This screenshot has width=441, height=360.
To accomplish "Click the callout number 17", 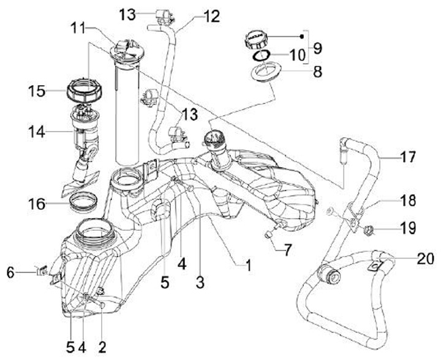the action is click(x=408, y=157).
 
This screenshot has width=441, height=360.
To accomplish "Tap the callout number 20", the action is click(x=425, y=258).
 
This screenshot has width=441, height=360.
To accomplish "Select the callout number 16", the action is click(x=37, y=204).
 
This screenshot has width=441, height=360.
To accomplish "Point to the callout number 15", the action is click(x=37, y=91).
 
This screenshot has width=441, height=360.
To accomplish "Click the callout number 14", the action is click(x=37, y=132).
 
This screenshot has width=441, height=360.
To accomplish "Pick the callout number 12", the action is click(x=211, y=17).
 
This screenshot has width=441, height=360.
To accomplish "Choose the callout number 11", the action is click(x=79, y=28).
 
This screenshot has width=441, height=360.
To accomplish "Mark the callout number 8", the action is click(x=318, y=72).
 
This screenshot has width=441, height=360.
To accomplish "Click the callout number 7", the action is click(x=287, y=250).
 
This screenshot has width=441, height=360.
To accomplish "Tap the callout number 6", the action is click(x=10, y=272).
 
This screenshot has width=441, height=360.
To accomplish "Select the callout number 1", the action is click(x=249, y=266).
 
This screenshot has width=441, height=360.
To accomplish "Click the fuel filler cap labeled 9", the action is click(x=256, y=40).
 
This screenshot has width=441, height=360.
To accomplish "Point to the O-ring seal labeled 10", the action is click(x=262, y=55).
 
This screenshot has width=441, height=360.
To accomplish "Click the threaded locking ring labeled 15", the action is click(x=85, y=92).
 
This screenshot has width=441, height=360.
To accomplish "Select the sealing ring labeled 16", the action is click(x=83, y=201).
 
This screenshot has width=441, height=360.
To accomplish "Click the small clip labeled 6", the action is click(x=42, y=271).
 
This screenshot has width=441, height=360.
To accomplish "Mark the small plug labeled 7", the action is click(x=268, y=234).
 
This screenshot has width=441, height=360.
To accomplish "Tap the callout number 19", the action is click(x=408, y=228).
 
